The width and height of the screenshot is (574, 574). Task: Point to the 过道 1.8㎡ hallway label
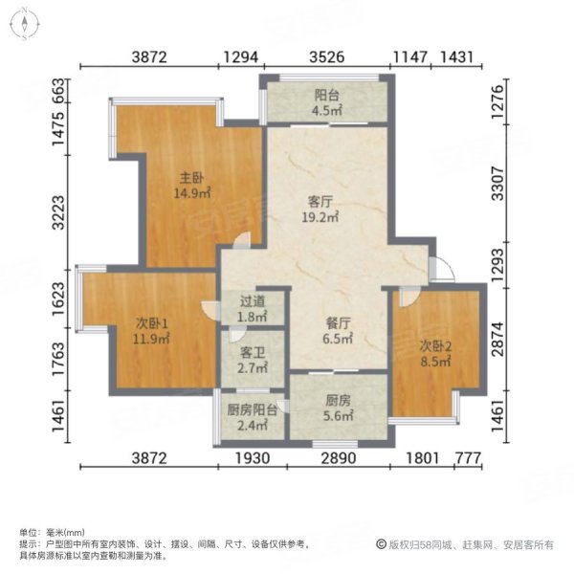coord(254,308)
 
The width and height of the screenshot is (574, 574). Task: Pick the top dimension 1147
coord(409,57)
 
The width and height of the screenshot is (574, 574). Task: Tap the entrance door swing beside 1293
coord(442,269)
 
